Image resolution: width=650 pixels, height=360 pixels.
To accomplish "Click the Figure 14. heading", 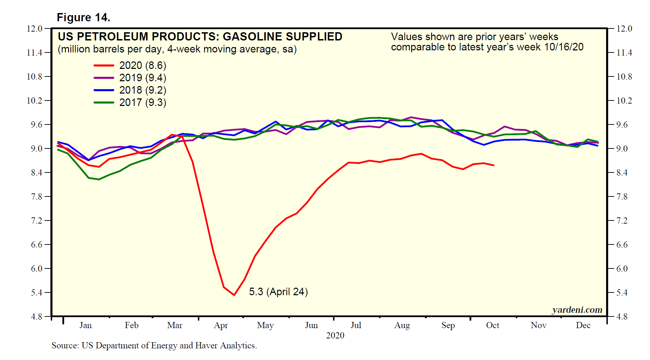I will pyautogui.click(x=83, y=17).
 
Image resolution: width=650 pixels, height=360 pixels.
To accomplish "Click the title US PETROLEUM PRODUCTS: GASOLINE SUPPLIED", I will pyautogui.click(x=200, y=37).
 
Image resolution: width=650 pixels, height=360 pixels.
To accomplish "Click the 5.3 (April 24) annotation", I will pyautogui.click(x=278, y=292).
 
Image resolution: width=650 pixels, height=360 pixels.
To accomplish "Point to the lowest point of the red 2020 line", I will pyautogui.click(x=234, y=295).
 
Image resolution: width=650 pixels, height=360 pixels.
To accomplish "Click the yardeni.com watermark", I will pyautogui.click(x=577, y=310).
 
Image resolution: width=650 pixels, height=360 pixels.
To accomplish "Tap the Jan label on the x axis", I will pyautogui.click(x=85, y=325).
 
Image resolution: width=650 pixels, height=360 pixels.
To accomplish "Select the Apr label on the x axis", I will pyautogui.click(x=221, y=325).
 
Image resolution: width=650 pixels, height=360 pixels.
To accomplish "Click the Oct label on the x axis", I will pyautogui.click(x=493, y=325).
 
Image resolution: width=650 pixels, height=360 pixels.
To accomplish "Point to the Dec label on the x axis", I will pyautogui.click(x=583, y=325).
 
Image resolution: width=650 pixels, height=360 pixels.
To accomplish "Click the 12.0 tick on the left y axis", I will pyautogui.click(x=34, y=28).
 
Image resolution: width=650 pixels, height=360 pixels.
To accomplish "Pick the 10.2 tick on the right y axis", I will pyautogui.click(x=624, y=100).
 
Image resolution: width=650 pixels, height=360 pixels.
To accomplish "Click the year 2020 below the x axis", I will pyautogui.click(x=335, y=335).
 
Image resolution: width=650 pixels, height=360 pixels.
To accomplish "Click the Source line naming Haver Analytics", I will pyautogui.click(x=154, y=346).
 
